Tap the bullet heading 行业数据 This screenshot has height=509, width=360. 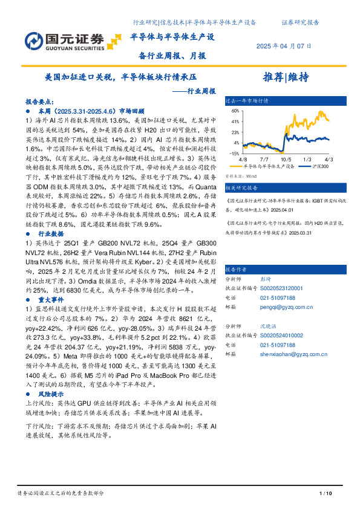click(51, 233)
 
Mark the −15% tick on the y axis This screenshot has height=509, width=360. click(234, 154)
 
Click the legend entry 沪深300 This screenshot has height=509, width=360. click(320, 166)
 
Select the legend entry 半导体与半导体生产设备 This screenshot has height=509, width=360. click(269, 166)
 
